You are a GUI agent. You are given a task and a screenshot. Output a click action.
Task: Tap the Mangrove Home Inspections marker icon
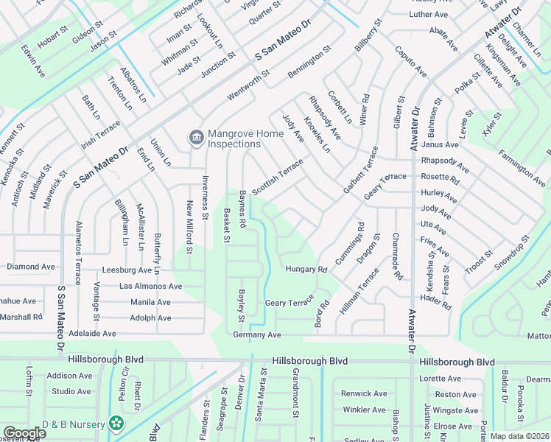pyautogui.click(x=196, y=137)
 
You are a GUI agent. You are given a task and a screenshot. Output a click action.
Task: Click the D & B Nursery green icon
pyautogui.click(x=116, y=423)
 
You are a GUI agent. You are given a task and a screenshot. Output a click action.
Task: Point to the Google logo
pyautogui.click(x=24, y=433)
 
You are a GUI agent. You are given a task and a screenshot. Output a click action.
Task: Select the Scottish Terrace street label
pyautogui.click(x=278, y=178)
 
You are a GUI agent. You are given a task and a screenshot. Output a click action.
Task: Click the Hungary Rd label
pyautogui.click(x=306, y=270)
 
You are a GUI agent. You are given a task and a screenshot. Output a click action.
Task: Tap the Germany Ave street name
pyautogui.click(x=257, y=334)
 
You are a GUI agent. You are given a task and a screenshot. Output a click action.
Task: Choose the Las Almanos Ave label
pyautogui.click(x=150, y=286)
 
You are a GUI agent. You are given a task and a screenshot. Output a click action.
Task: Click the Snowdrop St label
pyautogui.click(x=513, y=251)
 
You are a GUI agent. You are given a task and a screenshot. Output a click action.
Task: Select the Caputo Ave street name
pyautogui.click(x=410, y=61)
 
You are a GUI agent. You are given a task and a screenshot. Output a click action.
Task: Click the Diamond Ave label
pyautogui.click(x=31, y=267)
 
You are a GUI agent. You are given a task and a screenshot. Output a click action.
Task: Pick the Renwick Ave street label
pyautogui.click(x=364, y=393)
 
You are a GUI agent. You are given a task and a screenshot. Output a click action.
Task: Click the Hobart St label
pyautogui.click(x=52, y=40)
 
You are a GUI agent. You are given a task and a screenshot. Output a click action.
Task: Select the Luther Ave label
pyautogui.click(x=429, y=14)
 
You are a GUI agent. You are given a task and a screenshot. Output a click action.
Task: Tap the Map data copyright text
pyautogui.click(x=519, y=436)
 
